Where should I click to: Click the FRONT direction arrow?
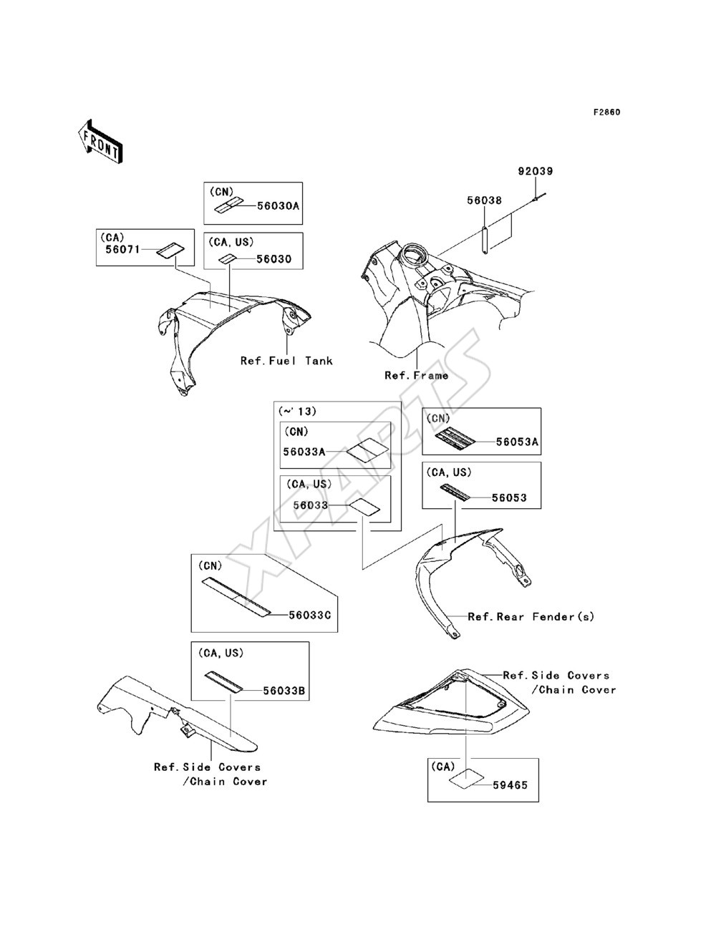[x=101, y=141]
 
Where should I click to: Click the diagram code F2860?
[x=606, y=112]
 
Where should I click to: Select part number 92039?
[x=536, y=171]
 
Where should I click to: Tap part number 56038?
[x=484, y=200]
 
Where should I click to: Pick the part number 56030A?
[x=279, y=205]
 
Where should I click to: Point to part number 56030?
[x=274, y=259]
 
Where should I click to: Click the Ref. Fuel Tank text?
[x=286, y=361]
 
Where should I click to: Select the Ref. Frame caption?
[x=417, y=375]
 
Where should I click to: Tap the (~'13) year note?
[x=297, y=411]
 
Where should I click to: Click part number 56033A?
[x=304, y=452]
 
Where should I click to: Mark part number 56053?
[x=509, y=497]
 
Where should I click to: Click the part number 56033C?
[x=310, y=615]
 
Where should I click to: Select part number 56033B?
[x=284, y=691]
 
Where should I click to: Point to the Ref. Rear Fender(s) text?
[x=531, y=616]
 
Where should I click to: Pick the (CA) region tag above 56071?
[x=112, y=237]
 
